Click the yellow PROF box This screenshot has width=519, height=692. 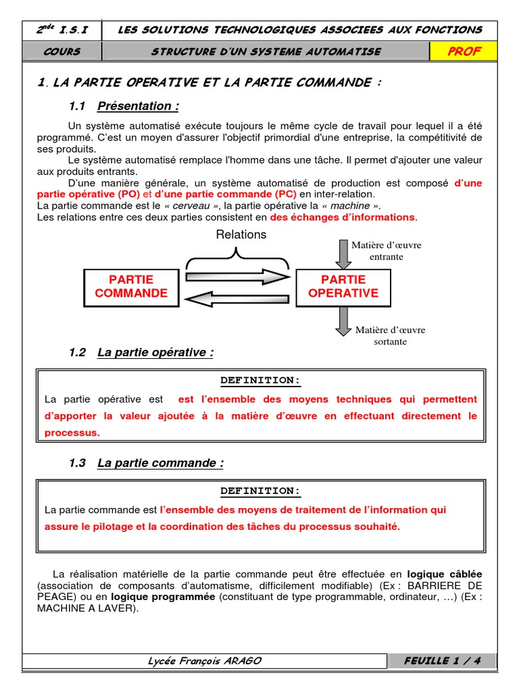(x=464, y=51)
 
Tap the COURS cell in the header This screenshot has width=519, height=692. (x=61, y=51)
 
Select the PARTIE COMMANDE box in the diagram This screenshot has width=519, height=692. (x=131, y=287)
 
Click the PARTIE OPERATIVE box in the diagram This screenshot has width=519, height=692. (x=343, y=287)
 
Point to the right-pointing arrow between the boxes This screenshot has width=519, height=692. (x=237, y=276)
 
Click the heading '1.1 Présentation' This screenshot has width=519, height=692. (x=124, y=106)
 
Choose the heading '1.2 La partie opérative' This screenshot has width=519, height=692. (x=141, y=352)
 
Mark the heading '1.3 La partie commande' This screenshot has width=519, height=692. (x=146, y=463)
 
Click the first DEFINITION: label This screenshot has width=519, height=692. (x=260, y=380)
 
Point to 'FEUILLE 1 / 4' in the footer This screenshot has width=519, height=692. (x=442, y=661)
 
